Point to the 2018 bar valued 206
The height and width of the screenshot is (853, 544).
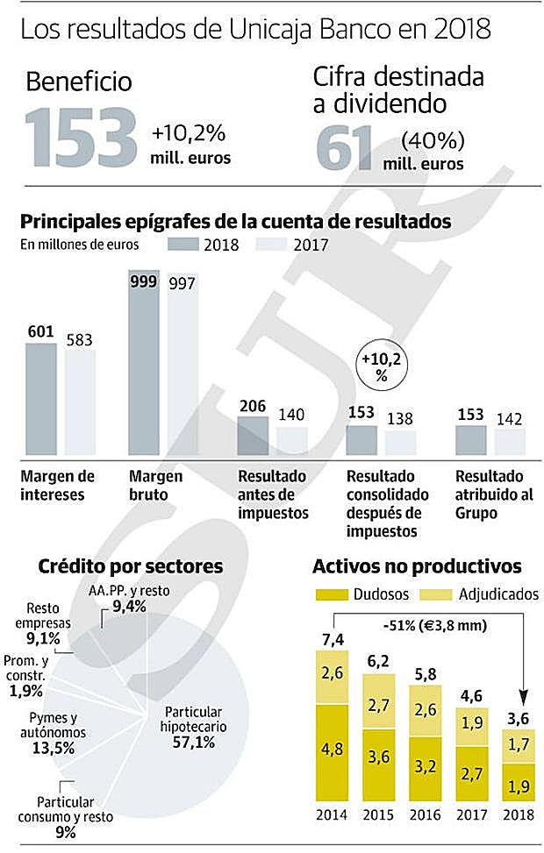(x=254, y=435)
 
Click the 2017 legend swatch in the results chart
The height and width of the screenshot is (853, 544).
(x=272, y=244)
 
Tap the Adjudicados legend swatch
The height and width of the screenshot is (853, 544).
(x=438, y=594)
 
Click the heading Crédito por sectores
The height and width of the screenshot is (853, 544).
(x=130, y=565)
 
